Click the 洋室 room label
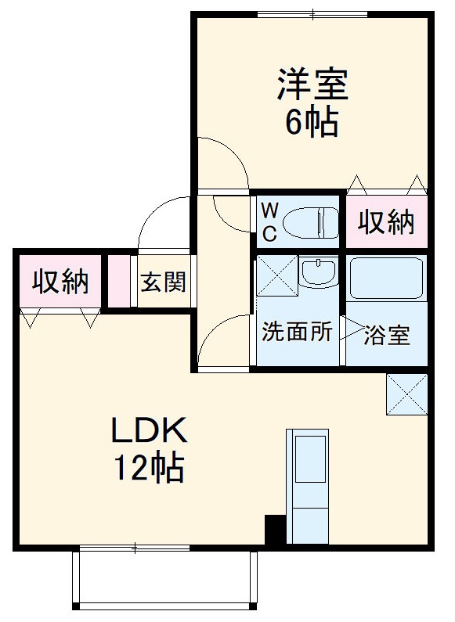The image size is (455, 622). click(311, 84)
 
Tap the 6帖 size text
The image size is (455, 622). click(311, 122)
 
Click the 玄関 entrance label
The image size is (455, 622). click(164, 282)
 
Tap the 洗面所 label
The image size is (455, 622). click(297, 333)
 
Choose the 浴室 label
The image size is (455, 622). click(387, 334)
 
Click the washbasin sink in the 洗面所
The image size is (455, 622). click(317, 272)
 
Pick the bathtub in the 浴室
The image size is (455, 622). click(386, 278)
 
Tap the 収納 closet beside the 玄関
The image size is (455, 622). click(59, 282)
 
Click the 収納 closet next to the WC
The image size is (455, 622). click(386, 223)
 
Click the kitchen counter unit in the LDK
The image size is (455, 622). click(307, 486)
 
